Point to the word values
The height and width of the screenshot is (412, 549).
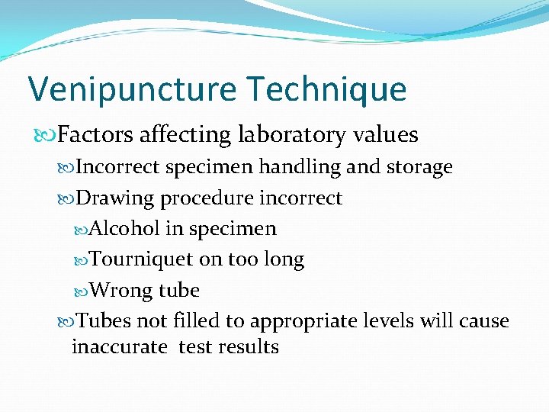(386, 135)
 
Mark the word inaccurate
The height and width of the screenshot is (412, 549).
(119, 347)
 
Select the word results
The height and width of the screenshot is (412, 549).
(248, 347)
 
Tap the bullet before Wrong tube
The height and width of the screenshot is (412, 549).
(82, 291)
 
